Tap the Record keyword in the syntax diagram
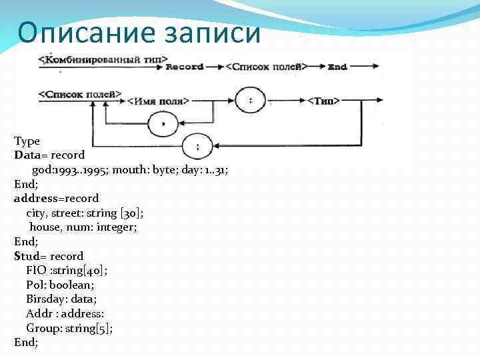(x=184, y=67)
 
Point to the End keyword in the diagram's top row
(x=337, y=67)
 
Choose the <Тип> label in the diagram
(x=323, y=101)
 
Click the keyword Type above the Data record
(x=27, y=141)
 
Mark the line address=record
(x=56, y=198)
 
